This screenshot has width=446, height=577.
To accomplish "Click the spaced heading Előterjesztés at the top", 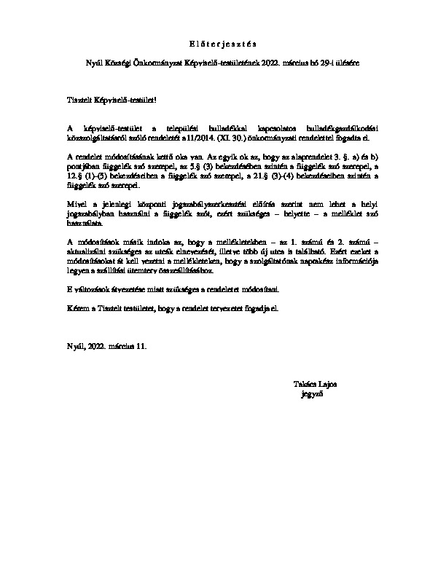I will (223, 42).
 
